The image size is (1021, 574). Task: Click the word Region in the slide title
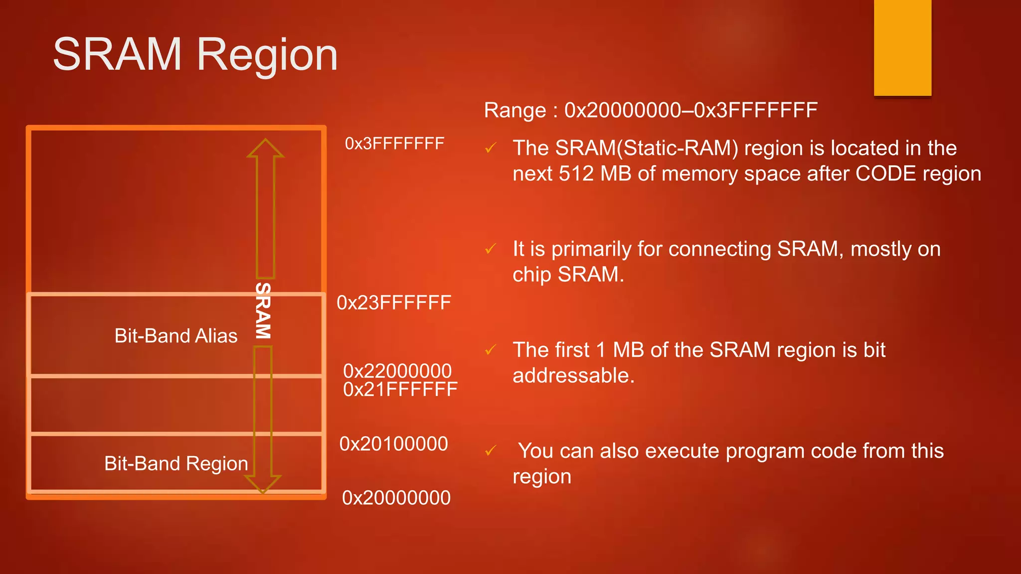click(x=267, y=56)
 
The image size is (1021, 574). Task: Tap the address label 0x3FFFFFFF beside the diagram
click(x=394, y=144)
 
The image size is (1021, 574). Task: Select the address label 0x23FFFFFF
click(x=394, y=303)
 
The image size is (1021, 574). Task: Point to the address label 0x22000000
click(x=397, y=371)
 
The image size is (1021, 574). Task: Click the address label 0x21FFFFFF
click(x=400, y=390)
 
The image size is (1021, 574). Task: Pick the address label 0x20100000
click(x=393, y=444)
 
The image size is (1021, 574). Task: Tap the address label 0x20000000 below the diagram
click(x=396, y=498)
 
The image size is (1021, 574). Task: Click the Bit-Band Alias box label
click(x=176, y=336)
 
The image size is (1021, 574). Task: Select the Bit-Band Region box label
click(x=176, y=464)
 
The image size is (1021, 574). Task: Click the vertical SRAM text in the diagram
click(x=263, y=311)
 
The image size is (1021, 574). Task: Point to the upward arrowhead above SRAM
click(x=265, y=148)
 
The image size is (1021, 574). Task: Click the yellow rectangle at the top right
click(x=902, y=47)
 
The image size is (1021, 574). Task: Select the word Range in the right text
click(x=515, y=111)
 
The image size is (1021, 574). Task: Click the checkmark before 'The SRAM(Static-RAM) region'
click(x=491, y=148)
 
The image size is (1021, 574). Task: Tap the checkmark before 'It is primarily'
click(x=491, y=249)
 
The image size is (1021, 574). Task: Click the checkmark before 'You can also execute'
click(x=491, y=451)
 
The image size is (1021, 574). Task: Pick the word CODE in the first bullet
click(x=886, y=174)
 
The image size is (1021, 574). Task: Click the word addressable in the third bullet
click(x=573, y=376)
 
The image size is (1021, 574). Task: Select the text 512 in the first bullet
click(x=576, y=174)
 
